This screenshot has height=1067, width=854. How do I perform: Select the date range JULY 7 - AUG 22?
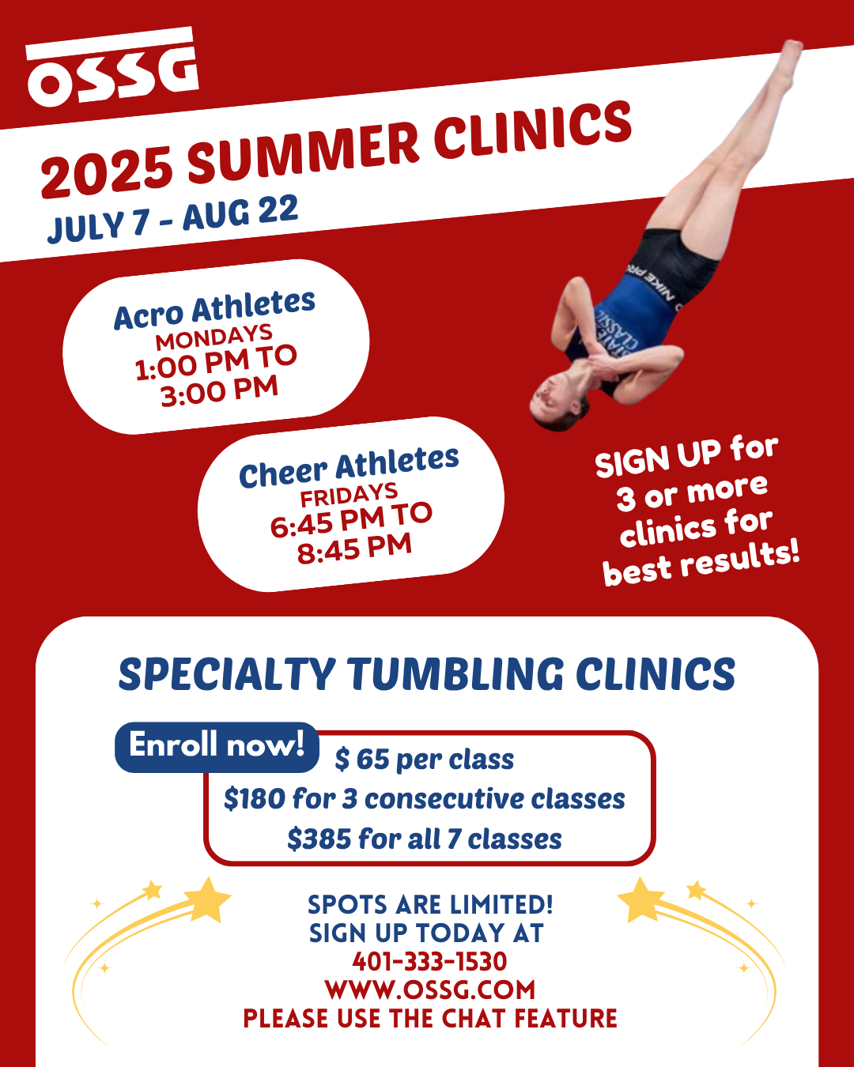(x=173, y=219)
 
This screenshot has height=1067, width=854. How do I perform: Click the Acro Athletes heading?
(x=214, y=309)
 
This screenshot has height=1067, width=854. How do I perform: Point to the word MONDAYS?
(x=214, y=337)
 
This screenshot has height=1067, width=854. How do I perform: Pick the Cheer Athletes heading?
(x=349, y=467)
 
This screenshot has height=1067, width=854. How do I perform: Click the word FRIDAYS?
(x=349, y=496)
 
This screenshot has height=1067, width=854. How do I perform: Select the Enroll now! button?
(x=216, y=745)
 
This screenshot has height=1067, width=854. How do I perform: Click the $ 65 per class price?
(x=425, y=760)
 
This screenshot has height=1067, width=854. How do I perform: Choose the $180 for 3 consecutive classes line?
(x=425, y=799)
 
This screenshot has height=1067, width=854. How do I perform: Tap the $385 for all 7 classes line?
(x=425, y=839)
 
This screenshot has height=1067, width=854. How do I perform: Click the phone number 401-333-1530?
(x=429, y=962)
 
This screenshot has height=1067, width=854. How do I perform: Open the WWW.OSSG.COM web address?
(x=429, y=990)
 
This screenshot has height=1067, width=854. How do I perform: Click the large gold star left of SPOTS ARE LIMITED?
(x=206, y=900)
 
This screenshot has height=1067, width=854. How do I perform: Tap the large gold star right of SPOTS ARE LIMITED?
(x=641, y=900)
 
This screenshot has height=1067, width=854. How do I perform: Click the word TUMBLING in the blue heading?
(x=456, y=674)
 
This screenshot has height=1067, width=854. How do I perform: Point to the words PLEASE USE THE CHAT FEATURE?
(x=429, y=1018)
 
